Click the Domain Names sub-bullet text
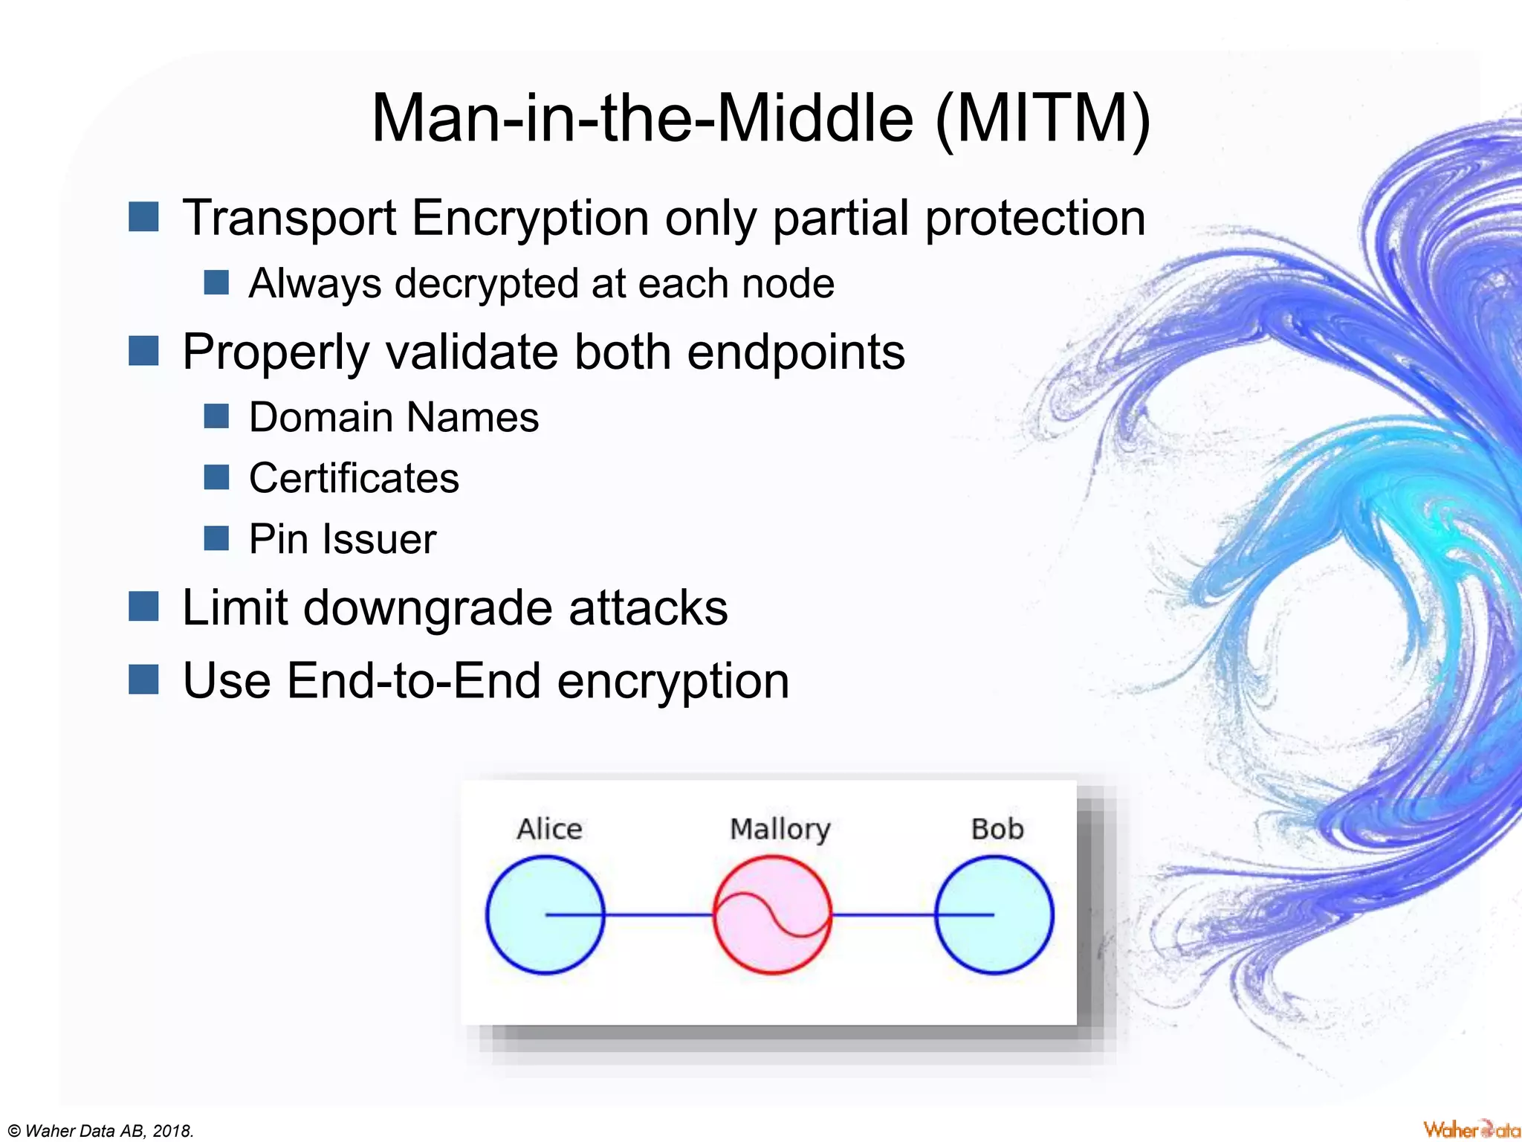point(393,417)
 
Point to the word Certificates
point(354,478)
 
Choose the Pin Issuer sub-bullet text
point(342,539)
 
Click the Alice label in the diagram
point(549,829)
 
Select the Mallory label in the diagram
point(780,829)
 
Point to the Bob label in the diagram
point(997,829)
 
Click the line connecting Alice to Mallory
point(658,914)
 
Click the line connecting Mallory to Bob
point(883,914)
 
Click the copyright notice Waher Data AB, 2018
point(100,1131)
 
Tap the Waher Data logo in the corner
point(1471,1129)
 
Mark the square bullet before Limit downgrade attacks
point(143,606)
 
